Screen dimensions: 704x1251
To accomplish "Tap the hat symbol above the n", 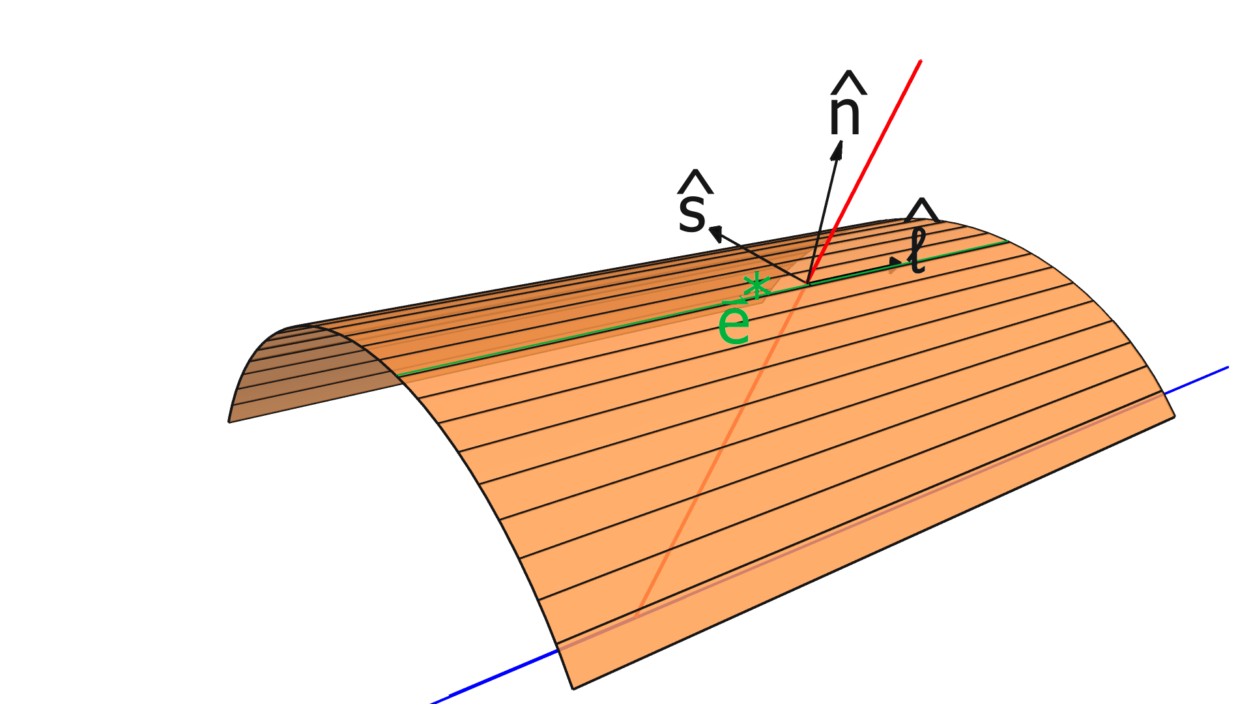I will (847, 83).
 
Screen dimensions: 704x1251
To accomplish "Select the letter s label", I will (692, 214).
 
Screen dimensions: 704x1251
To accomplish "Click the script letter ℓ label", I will (917, 252).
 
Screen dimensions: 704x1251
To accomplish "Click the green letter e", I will (733, 326).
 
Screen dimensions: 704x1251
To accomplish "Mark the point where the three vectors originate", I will (808, 284).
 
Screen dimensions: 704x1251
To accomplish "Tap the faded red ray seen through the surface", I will (717, 456).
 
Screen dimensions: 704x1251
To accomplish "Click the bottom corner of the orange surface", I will (573, 688).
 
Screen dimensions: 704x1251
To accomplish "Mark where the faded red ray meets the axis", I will (637, 616).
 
